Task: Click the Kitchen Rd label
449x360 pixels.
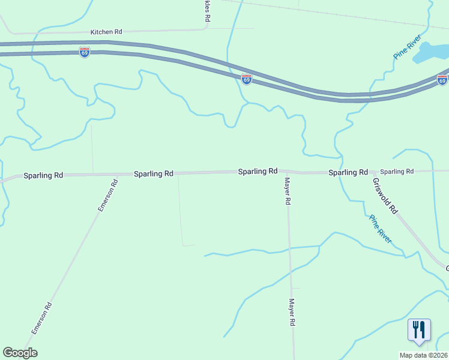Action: (x=106, y=32)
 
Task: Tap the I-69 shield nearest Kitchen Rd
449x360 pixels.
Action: (x=85, y=53)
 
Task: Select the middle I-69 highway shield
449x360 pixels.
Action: (x=246, y=79)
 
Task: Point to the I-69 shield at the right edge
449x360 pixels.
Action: (x=442, y=80)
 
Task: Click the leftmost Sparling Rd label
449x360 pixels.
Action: (x=43, y=176)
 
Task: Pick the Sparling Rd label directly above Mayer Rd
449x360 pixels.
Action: (x=258, y=171)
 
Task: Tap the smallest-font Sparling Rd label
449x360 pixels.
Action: (x=397, y=172)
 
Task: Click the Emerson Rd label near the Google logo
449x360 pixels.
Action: (x=42, y=318)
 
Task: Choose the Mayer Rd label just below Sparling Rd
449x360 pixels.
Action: (x=288, y=192)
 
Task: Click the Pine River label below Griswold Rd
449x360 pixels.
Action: (x=381, y=229)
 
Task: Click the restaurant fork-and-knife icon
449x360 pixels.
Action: (x=419, y=329)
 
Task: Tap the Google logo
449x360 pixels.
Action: (x=20, y=353)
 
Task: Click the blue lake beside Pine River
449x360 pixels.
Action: (x=433, y=53)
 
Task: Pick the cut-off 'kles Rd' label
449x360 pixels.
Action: (x=206, y=11)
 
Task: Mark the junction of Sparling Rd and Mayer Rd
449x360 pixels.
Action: (x=286, y=172)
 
